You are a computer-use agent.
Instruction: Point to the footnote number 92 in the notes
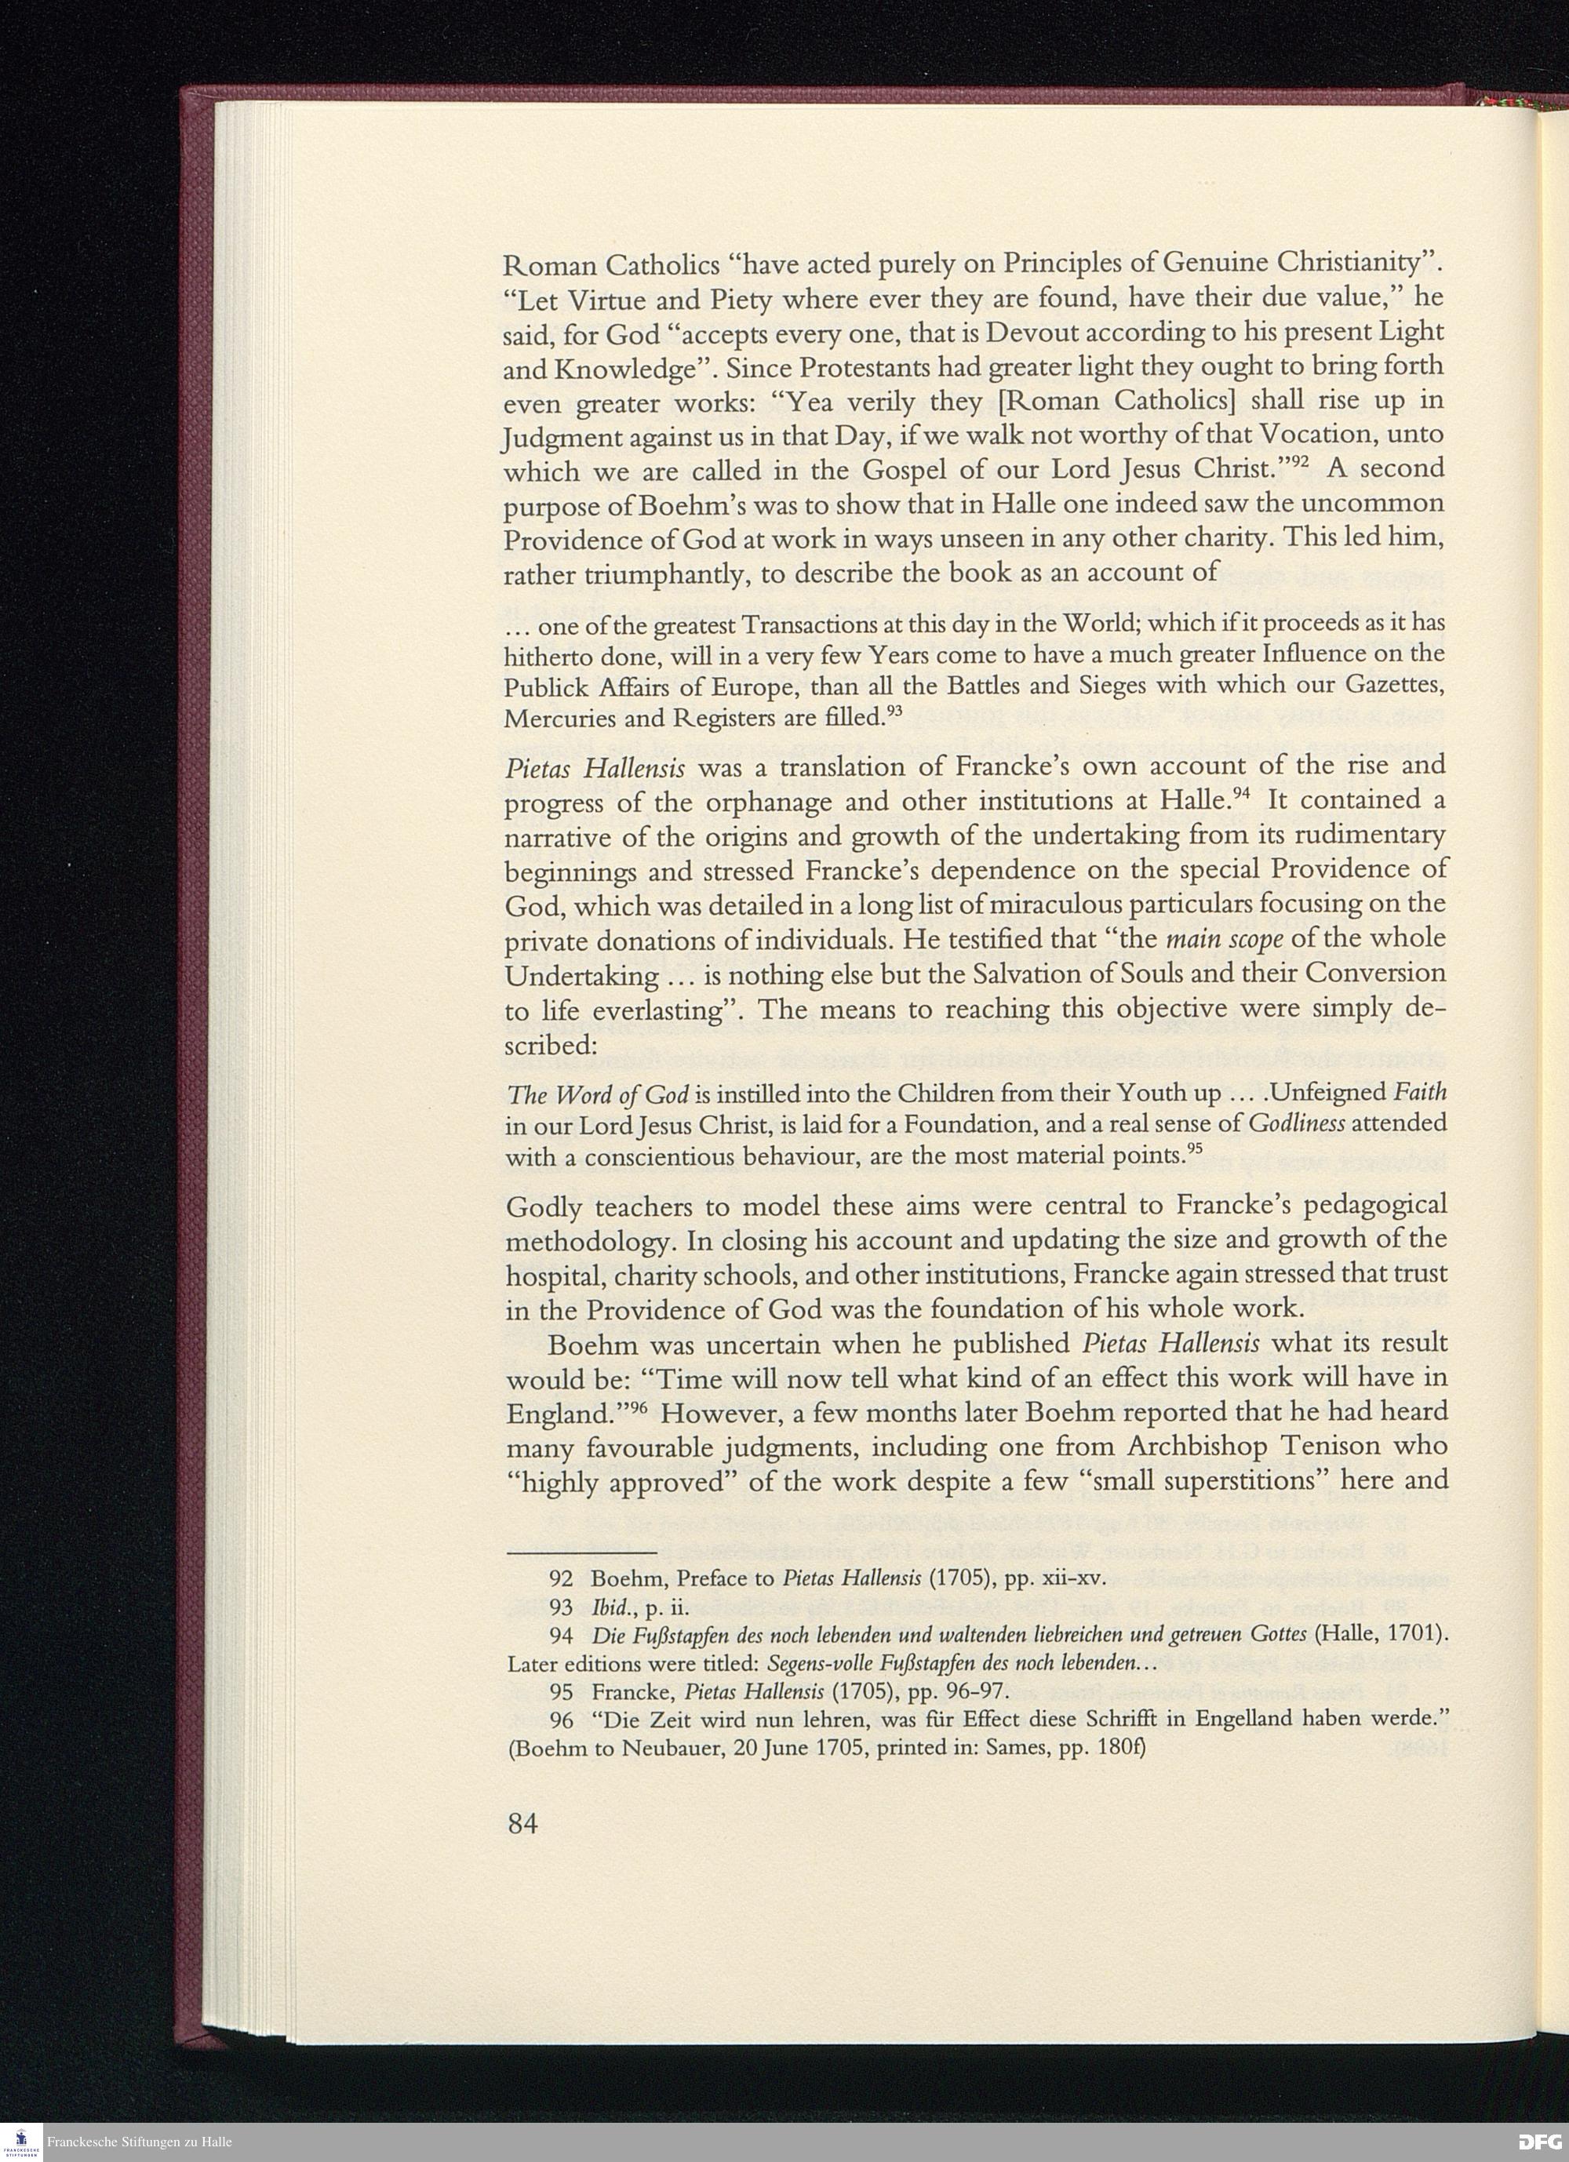(562, 1577)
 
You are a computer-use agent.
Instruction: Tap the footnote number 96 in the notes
(562, 1719)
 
